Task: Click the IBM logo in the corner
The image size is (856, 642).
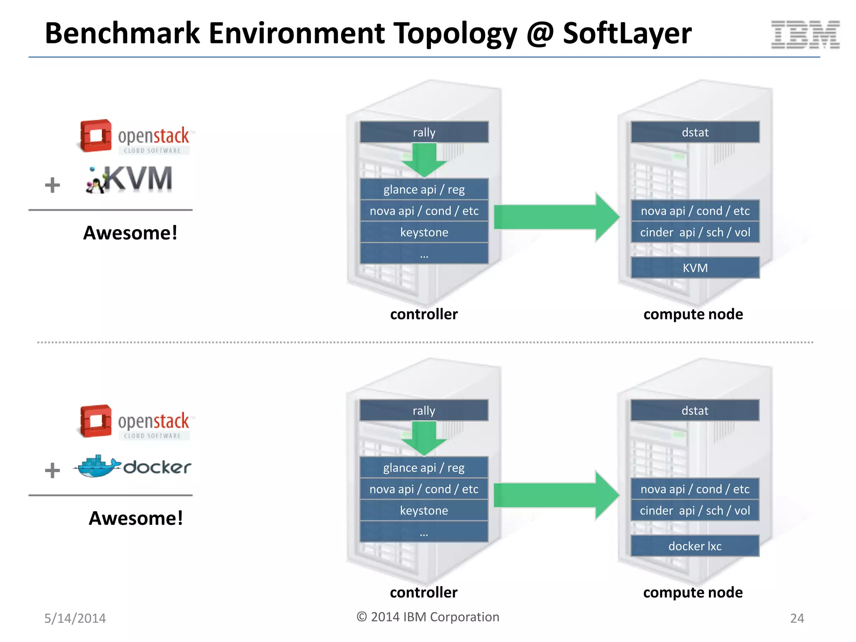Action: click(x=805, y=34)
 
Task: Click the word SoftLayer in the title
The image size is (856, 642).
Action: click(x=627, y=33)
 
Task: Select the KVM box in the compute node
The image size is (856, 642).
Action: click(x=695, y=267)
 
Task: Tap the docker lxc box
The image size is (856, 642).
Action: click(x=695, y=546)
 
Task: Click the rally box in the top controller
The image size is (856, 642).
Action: click(x=424, y=132)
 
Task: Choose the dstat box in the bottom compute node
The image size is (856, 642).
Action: click(x=695, y=410)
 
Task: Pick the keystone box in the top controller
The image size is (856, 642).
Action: click(x=424, y=232)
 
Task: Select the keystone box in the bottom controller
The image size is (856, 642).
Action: click(x=424, y=510)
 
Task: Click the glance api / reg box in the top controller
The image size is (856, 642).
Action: click(x=424, y=189)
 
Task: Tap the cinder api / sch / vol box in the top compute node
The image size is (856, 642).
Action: click(x=695, y=232)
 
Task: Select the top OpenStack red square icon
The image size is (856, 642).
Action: click(x=96, y=135)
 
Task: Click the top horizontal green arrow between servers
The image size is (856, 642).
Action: click(x=556, y=217)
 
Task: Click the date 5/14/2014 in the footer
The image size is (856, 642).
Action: click(x=75, y=618)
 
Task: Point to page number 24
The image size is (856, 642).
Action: click(x=797, y=618)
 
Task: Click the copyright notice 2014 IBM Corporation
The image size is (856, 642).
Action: click(x=428, y=617)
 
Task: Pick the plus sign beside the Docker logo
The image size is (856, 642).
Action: click(x=52, y=470)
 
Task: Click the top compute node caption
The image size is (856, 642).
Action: click(x=693, y=314)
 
